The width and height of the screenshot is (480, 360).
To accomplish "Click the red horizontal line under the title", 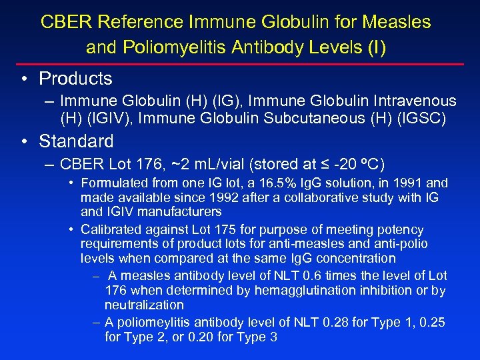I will coord(239,64).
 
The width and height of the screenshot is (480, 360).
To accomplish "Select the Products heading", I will coord(75,79).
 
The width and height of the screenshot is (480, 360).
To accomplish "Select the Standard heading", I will coord(76,141).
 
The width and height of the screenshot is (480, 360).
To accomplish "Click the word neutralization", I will coord(144,305).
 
